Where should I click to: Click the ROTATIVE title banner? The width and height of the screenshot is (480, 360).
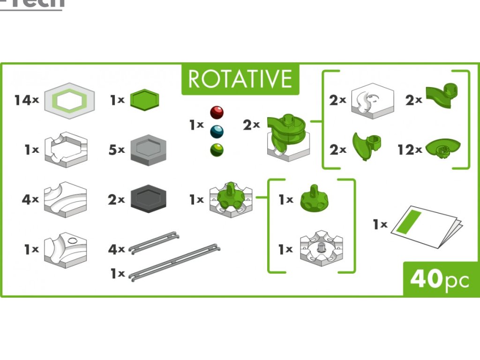tap(240, 79)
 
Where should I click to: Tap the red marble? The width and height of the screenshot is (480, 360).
tap(217, 112)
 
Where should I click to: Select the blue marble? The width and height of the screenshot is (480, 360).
tap(217, 132)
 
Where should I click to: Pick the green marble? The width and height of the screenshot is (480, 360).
tap(217, 150)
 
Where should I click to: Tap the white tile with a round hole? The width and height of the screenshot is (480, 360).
tap(65, 250)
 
